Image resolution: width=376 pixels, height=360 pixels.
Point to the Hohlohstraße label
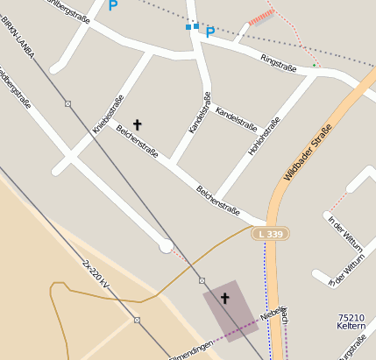pos(264,137)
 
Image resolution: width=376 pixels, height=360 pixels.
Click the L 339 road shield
pos(270,234)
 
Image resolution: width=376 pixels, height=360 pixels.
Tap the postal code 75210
pos(351,318)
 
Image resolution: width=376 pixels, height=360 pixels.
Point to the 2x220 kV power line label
pos(95,274)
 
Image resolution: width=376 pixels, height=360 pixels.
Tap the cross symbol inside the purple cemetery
pos(224,299)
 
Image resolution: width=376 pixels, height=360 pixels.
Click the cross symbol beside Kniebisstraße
pos(137,125)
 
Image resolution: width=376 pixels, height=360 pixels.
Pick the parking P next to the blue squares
pos(210,32)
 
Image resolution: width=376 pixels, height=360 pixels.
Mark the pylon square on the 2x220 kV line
pos(137,320)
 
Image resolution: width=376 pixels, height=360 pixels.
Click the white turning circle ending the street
pos(166,246)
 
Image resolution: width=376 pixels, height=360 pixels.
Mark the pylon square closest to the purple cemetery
pos(202,280)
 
